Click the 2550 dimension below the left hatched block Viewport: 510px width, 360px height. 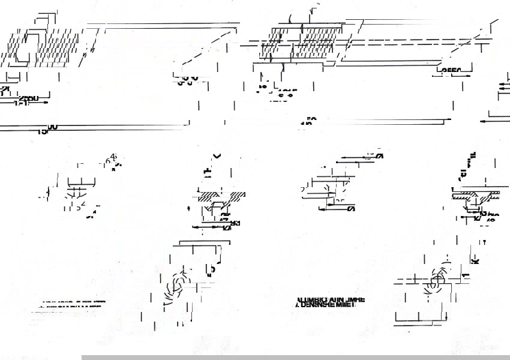point(28,98)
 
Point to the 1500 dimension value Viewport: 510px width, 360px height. point(47,128)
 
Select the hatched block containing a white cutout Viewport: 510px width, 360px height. point(21,48)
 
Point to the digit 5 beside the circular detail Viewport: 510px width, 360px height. point(212,269)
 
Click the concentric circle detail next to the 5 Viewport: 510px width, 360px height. point(178,284)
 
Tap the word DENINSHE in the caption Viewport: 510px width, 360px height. point(319,305)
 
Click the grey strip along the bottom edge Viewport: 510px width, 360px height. point(294,357)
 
